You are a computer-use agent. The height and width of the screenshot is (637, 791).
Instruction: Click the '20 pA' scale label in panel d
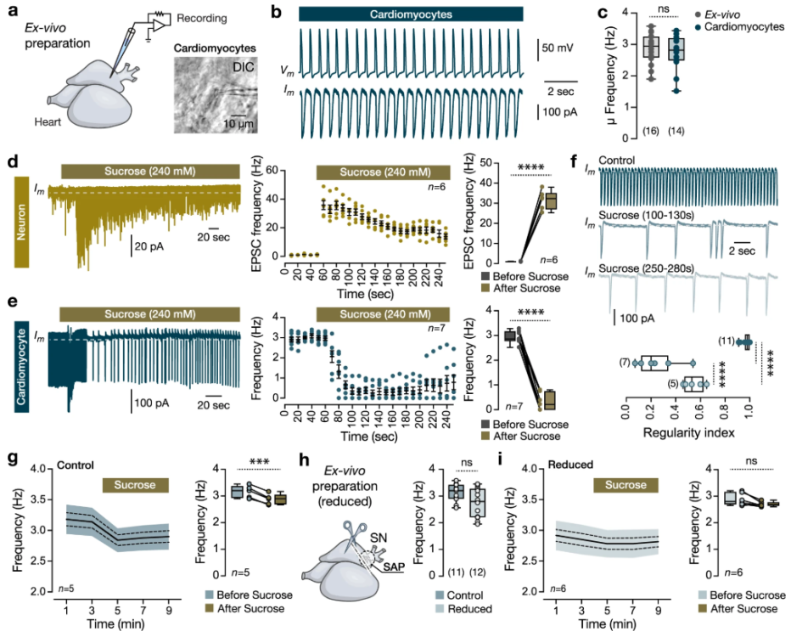[154, 248]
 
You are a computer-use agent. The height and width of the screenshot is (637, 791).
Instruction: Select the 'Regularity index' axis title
[687, 432]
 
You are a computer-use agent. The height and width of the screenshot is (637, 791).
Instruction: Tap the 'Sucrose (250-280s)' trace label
[650, 268]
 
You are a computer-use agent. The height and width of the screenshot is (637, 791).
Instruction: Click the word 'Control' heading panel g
[76, 466]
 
